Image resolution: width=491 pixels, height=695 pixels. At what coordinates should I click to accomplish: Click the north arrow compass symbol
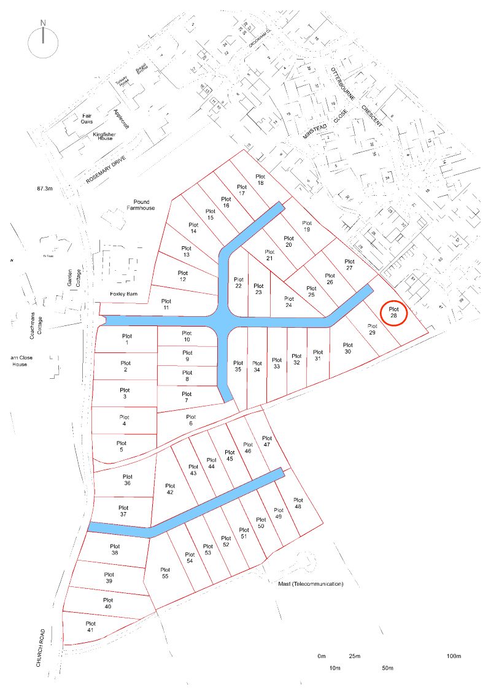pyautogui.click(x=43, y=38)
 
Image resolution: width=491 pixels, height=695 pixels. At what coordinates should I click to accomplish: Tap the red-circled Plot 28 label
pyautogui.click(x=393, y=313)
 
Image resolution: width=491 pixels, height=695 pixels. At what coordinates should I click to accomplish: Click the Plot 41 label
pyautogui.click(x=90, y=626)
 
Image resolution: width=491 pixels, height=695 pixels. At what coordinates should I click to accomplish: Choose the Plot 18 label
pyautogui.click(x=260, y=179)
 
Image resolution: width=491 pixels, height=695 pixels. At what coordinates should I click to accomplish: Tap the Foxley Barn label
pyautogui.click(x=122, y=293)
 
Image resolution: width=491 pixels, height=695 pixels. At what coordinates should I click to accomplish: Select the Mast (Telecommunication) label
pyautogui.click(x=311, y=584)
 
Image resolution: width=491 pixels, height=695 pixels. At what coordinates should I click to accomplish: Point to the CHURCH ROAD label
pyautogui.click(x=41, y=648)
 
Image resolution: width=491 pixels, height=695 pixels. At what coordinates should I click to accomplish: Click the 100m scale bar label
pyautogui.click(x=454, y=656)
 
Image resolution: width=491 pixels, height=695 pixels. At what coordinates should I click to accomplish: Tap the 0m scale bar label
pyautogui.click(x=321, y=656)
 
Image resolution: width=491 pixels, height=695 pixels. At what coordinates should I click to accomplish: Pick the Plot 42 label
pyautogui.click(x=170, y=489)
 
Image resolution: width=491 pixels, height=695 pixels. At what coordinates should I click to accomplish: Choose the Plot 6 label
pyautogui.click(x=190, y=420)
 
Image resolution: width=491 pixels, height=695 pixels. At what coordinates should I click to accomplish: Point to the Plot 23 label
pyautogui.click(x=258, y=289)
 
